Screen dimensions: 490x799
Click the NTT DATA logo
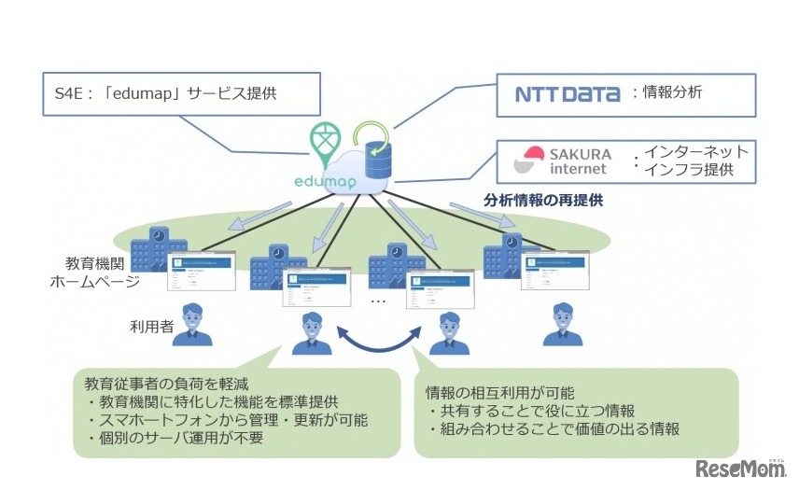[x=567, y=93]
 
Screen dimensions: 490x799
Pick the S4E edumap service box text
[x=168, y=95]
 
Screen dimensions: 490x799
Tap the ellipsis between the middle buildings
[x=378, y=301]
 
